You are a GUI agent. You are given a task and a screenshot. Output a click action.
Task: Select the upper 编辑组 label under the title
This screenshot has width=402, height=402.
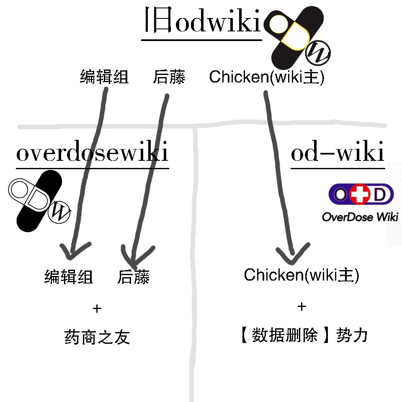(104, 77)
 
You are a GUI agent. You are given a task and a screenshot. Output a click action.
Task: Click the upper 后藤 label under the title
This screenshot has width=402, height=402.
(169, 77)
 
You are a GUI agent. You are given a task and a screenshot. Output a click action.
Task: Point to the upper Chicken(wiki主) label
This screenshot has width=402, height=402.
(267, 77)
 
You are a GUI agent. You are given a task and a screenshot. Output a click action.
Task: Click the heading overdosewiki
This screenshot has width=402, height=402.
(92, 153)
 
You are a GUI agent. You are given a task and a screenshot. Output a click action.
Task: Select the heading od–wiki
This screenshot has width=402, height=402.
(338, 153)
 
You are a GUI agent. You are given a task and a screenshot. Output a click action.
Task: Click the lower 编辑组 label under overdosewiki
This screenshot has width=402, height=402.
(69, 277)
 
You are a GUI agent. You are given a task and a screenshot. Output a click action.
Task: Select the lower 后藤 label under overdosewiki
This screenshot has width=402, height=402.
(133, 277)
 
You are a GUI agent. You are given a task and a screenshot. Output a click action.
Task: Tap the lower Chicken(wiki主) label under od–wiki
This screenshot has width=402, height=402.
(301, 275)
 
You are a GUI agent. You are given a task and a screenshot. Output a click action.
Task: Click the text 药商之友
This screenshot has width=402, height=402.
(98, 337)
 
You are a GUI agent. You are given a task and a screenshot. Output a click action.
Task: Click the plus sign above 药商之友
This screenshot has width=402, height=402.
(97, 309)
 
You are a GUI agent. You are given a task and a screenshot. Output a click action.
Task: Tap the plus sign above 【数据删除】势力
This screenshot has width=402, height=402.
(301, 307)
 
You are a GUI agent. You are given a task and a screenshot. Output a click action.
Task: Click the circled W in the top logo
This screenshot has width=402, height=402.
(319, 53)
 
